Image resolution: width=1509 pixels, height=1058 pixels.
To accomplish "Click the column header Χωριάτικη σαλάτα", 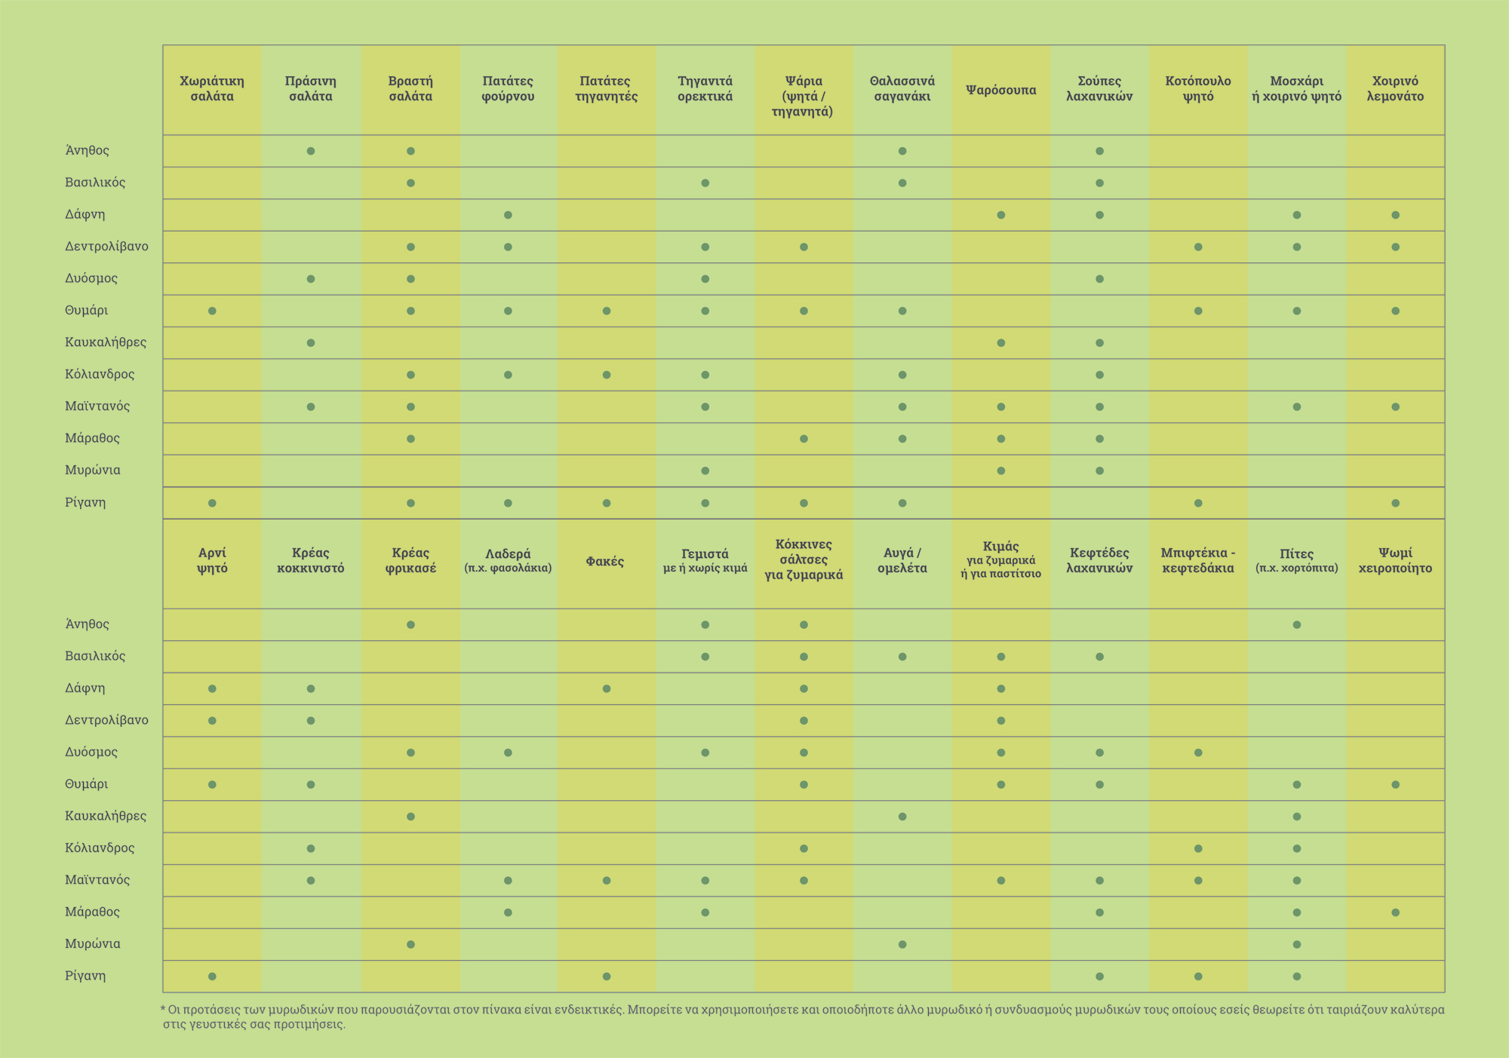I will click(212, 89).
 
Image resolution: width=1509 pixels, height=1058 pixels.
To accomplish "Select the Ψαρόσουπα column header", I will click(1000, 90).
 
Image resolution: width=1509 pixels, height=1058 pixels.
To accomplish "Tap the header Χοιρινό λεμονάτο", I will click(1395, 89).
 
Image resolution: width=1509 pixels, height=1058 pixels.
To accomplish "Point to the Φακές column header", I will click(605, 562).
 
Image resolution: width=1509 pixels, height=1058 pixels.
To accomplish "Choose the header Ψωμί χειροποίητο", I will click(1395, 561).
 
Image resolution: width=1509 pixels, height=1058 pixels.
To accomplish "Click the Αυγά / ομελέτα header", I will click(902, 561).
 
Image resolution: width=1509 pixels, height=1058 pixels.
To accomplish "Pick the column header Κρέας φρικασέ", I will click(410, 561).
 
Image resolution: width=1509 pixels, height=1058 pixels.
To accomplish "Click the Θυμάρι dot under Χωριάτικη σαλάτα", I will click(212, 311).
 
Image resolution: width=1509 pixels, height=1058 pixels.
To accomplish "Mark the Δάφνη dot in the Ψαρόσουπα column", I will click(1001, 215).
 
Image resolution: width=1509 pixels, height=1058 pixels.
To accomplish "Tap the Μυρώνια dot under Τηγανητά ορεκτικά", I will click(705, 471).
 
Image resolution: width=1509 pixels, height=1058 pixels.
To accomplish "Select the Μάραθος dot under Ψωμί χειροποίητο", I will click(1395, 912).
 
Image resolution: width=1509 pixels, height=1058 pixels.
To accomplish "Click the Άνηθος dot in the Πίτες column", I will click(1296, 624).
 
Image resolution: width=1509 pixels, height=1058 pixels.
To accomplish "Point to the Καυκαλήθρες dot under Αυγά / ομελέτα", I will click(902, 817).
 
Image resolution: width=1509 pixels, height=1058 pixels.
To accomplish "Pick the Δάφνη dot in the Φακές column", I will click(607, 688).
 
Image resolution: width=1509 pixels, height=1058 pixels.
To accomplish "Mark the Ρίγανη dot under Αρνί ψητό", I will click(212, 977).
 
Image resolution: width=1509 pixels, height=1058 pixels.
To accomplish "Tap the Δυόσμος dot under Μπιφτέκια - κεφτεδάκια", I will click(1198, 753).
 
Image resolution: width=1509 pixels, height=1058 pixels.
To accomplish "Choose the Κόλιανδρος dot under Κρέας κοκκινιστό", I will click(311, 848).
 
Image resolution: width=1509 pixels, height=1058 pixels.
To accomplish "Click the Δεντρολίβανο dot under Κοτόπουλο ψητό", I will click(1198, 247).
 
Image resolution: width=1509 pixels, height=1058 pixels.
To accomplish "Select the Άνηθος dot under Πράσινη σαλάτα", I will click(311, 151).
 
